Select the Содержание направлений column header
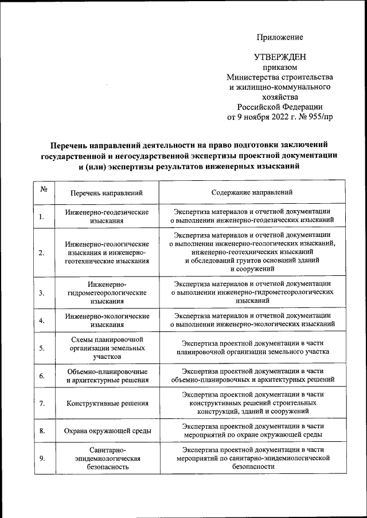[x=252, y=193]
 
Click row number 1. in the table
[x=42, y=216]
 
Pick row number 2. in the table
[x=42, y=252]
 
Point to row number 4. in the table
[x=42, y=320]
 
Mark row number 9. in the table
[x=42, y=458]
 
